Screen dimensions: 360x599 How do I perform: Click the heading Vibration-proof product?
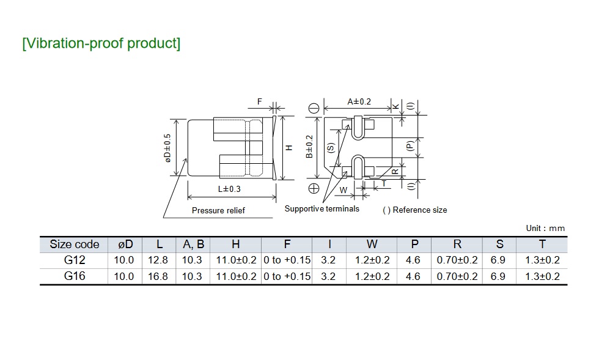coord(101,44)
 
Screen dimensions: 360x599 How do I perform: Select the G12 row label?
coord(75,260)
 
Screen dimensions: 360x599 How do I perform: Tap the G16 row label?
coord(75,276)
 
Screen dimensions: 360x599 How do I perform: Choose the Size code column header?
coord(75,244)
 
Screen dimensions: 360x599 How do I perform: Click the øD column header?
coord(125,244)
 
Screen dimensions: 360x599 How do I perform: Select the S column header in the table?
coord(500,244)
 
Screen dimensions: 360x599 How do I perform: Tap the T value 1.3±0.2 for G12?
coord(542,260)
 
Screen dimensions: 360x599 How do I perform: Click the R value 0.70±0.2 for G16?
coord(457,276)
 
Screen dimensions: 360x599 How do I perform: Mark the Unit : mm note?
coord(545,229)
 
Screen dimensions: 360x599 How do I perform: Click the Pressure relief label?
coord(218,211)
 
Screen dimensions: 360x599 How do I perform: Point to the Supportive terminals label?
coord(322,209)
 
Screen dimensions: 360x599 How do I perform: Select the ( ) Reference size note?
coord(415,210)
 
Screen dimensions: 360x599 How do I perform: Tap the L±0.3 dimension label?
coord(229,189)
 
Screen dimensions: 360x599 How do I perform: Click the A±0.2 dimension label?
coord(359,101)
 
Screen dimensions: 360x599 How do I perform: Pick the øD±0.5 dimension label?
coord(167,148)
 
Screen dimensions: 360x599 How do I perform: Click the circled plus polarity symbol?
coord(314,188)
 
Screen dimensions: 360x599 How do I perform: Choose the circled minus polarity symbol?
coord(314,108)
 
